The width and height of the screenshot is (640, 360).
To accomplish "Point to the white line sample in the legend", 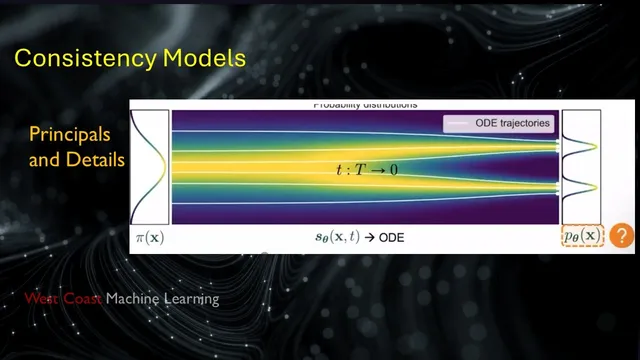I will tap(456, 123).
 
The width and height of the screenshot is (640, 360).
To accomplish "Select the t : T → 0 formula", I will tap(366, 170).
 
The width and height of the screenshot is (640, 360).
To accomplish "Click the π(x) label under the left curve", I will tap(150, 238).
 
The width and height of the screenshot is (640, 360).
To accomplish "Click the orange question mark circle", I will tap(622, 236).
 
